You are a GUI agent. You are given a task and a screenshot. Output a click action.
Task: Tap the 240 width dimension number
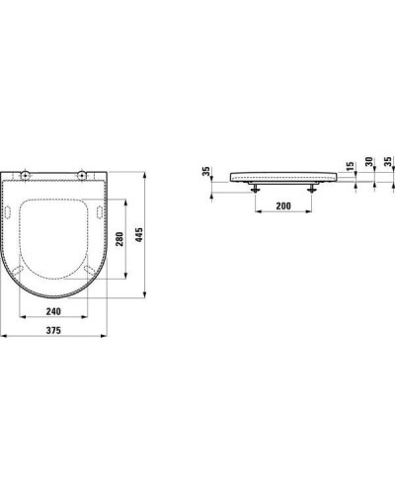61,311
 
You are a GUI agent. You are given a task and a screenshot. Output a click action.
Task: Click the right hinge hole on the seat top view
82,175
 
